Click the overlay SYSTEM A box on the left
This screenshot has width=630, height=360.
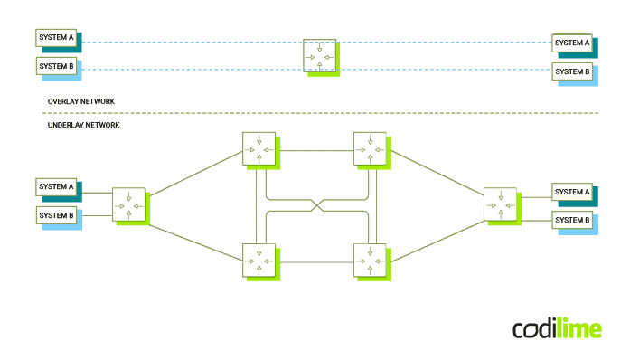(x=57, y=37)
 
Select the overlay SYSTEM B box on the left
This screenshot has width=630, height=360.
(x=57, y=65)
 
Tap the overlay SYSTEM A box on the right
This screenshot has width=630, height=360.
(x=571, y=43)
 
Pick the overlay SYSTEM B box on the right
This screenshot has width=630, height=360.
(x=571, y=71)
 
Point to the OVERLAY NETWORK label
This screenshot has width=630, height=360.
(x=80, y=101)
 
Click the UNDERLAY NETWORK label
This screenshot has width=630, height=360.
(x=83, y=125)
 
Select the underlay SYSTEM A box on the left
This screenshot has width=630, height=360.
(x=57, y=187)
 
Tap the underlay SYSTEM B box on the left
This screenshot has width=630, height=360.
(x=57, y=214)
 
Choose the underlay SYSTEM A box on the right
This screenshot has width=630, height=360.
(x=571, y=192)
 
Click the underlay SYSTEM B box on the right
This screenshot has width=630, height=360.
(x=571, y=220)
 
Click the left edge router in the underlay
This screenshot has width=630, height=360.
(x=128, y=204)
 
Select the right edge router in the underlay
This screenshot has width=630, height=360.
(x=499, y=204)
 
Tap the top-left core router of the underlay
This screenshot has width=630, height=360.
(x=259, y=148)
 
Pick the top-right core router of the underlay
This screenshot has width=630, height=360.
(x=369, y=148)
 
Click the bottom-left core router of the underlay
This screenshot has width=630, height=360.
(x=259, y=260)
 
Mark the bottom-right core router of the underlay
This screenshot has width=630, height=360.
(x=369, y=260)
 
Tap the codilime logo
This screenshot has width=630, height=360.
(x=556, y=327)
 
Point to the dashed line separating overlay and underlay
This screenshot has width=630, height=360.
(x=316, y=113)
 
